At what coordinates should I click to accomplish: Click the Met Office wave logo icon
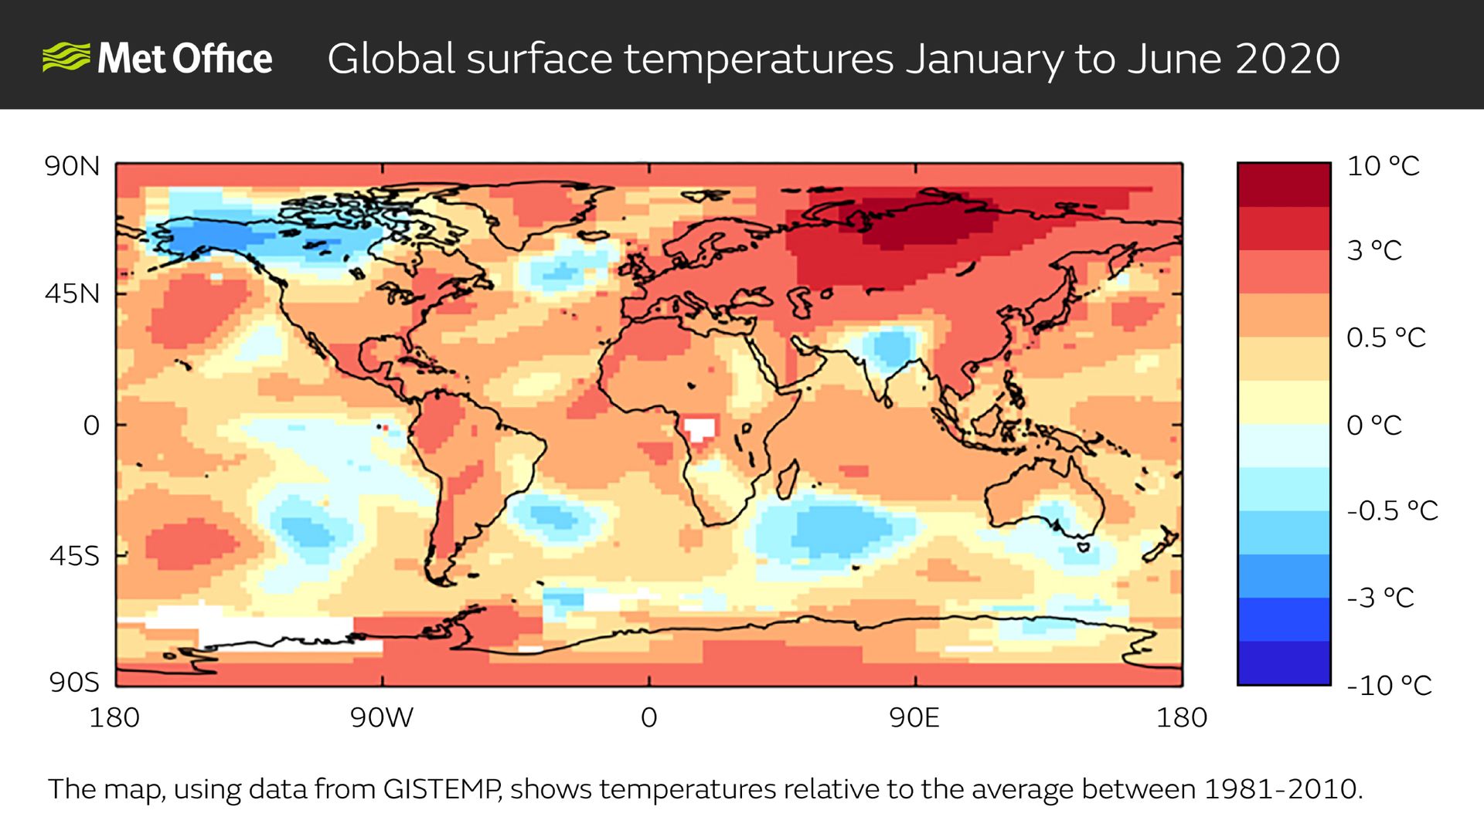tap(66, 59)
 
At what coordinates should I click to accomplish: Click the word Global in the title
tap(391, 59)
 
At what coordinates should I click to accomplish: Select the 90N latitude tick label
tap(72, 167)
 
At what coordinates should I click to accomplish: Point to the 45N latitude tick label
tap(72, 294)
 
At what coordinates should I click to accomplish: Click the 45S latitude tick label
tap(74, 556)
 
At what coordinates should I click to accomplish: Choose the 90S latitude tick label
tap(74, 683)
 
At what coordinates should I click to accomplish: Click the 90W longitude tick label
tap(382, 718)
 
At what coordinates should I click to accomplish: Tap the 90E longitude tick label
tap(914, 718)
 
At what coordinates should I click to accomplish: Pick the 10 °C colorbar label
tap(1383, 166)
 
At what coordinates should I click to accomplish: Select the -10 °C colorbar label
tap(1389, 685)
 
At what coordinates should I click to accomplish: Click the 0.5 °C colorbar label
tap(1386, 337)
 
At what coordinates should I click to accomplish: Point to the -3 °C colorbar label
tap(1380, 598)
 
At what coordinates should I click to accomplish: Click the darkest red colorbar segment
tap(1283, 185)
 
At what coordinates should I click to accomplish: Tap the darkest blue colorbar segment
tap(1283, 663)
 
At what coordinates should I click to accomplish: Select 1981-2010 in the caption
tap(1281, 789)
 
